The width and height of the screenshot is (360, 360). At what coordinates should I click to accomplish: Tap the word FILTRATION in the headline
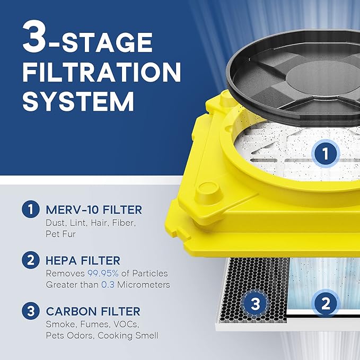102,72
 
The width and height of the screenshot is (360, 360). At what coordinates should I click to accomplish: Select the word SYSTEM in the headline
78,101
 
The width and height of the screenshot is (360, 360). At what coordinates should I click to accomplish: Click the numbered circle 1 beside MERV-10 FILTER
31,209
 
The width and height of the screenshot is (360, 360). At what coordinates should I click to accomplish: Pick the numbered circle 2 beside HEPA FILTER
31,260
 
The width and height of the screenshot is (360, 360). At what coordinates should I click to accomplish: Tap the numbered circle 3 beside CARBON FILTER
31,311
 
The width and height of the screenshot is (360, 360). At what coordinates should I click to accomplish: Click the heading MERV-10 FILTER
94,210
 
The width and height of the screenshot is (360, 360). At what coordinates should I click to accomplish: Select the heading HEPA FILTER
83,260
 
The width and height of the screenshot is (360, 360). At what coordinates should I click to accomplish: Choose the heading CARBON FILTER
93,312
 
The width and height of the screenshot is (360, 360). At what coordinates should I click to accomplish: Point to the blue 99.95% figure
103,274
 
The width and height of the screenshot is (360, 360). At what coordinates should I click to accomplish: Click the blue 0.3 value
108,285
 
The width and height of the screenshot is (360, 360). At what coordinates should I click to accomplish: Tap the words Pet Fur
60,234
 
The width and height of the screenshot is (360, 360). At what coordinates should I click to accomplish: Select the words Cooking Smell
128,336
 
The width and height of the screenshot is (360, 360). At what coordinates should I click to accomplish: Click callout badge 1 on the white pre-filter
326,153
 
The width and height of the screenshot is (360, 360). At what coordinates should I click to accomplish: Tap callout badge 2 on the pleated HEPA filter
326,303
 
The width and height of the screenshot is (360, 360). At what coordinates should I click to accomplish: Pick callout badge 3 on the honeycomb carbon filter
255,303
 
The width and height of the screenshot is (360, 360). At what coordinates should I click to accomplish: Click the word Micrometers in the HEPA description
144,285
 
